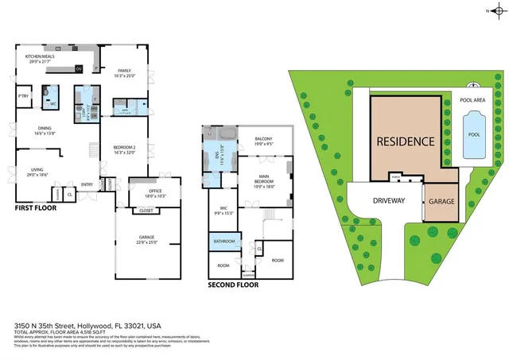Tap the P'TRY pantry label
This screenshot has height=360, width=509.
[x=24, y=98]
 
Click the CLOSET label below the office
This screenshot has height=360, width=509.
[x=146, y=211]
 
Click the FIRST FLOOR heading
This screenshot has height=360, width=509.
[x=37, y=208]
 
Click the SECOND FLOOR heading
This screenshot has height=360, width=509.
[x=232, y=285]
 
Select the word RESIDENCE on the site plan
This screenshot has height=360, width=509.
[x=405, y=142]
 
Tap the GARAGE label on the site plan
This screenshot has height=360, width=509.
[x=441, y=202]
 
